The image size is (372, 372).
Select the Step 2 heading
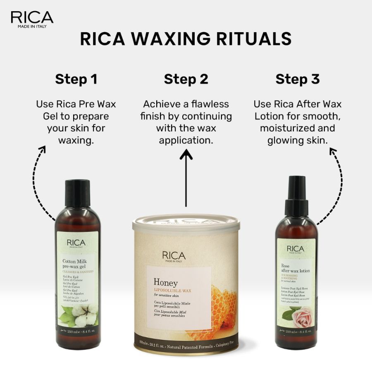pos(186,79)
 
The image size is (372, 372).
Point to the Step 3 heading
pos(298,79)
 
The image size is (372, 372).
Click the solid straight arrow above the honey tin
pos(186,178)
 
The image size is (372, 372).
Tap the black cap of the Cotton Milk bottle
pos(77,193)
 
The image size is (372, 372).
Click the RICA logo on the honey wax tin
pos(174,256)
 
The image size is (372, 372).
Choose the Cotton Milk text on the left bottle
pos(74,261)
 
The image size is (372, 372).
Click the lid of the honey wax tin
pos(186,224)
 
